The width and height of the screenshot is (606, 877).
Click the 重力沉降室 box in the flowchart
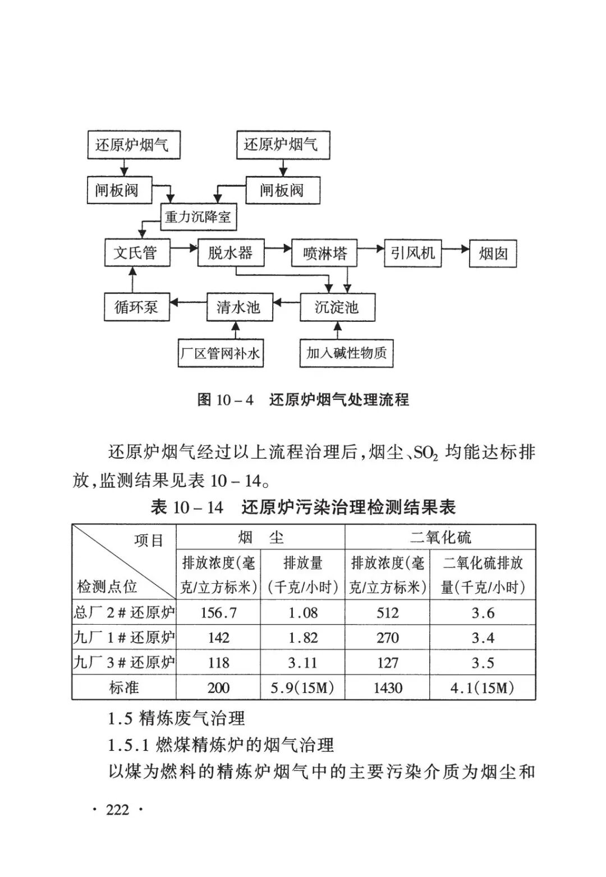(x=198, y=216)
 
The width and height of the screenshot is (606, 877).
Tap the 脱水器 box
(x=231, y=253)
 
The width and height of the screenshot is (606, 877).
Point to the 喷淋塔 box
(x=325, y=253)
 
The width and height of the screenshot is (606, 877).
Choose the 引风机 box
(x=413, y=253)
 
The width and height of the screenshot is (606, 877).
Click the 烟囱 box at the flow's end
(x=493, y=254)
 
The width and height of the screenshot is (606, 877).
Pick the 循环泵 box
(x=136, y=307)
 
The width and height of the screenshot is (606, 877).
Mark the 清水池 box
(x=238, y=307)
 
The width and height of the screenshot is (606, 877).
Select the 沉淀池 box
(x=337, y=307)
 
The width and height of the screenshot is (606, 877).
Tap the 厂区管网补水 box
(x=220, y=353)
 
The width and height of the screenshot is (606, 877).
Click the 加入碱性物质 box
(x=346, y=353)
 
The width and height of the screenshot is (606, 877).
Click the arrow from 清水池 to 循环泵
(x=188, y=303)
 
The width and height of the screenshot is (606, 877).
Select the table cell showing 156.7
(x=218, y=613)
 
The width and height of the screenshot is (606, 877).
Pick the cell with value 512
(x=387, y=613)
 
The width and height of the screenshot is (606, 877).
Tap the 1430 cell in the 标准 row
(x=387, y=688)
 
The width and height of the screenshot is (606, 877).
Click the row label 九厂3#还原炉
(x=124, y=663)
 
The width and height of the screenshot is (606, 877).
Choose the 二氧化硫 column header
(x=440, y=537)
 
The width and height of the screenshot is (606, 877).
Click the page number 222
(x=117, y=810)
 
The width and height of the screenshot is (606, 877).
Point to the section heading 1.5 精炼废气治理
(x=176, y=718)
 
